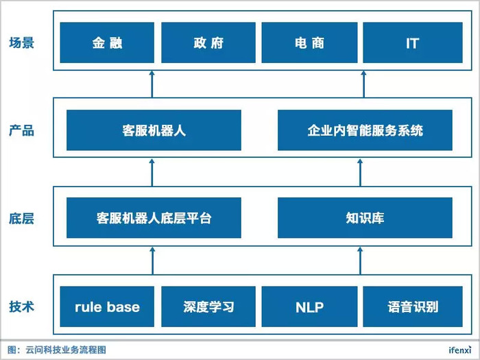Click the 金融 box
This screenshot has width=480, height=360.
[107, 43]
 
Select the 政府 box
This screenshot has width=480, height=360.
[208, 43]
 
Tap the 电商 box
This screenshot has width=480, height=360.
[309, 43]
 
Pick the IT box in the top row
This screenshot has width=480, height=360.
[413, 43]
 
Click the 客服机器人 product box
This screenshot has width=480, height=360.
[154, 130]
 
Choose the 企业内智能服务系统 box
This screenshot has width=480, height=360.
[365, 130]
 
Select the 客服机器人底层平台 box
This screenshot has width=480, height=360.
[154, 217]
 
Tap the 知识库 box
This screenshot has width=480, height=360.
[365, 217]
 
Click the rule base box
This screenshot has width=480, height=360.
[107, 307]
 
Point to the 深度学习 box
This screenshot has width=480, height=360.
[208, 307]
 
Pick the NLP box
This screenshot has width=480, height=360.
[309, 307]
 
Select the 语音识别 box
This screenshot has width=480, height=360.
[413, 307]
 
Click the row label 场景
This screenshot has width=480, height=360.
[21, 43]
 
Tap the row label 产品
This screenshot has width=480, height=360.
[21, 130]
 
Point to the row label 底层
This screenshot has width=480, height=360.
[21, 219]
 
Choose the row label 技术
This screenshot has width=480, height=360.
[21, 307]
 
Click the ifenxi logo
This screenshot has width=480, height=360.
[460, 349]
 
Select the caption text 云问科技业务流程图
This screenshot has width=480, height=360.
[66, 350]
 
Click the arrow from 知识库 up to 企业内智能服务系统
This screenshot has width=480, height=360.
[360, 172]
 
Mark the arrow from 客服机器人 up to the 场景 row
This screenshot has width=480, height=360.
[152, 84]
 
